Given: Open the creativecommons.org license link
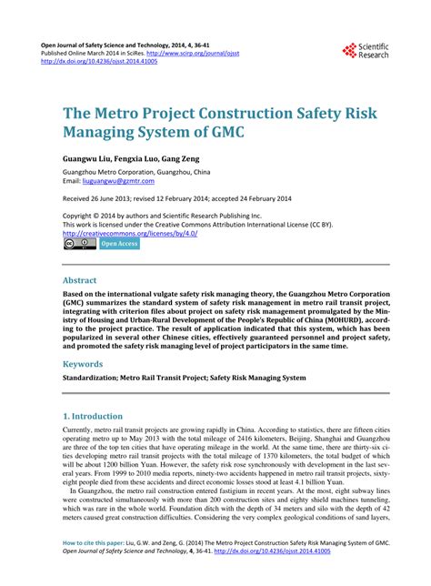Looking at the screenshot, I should (130, 232).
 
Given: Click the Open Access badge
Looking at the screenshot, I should (119, 244).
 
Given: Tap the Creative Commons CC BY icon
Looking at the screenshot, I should (79, 244).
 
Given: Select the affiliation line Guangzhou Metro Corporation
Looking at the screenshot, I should (135, 171).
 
